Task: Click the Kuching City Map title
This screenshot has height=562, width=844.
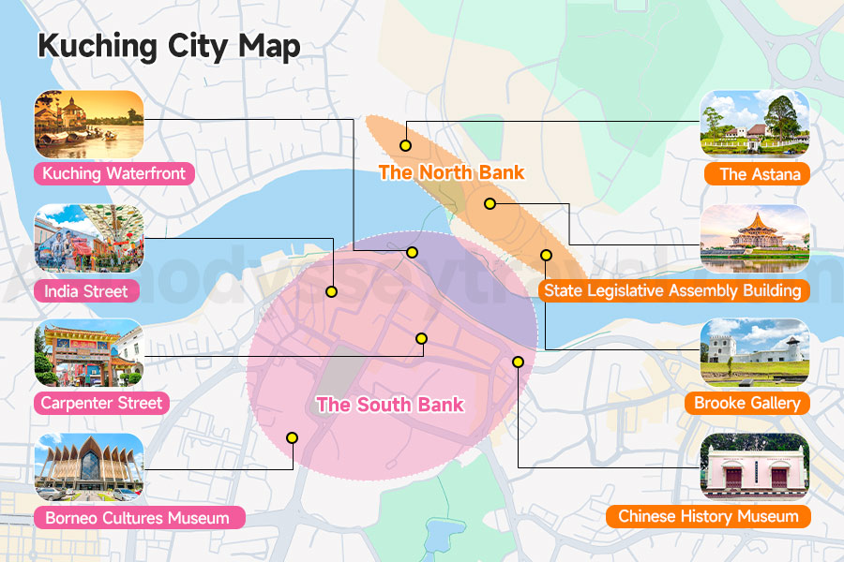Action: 169,47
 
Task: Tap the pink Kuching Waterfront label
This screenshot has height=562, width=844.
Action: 113,173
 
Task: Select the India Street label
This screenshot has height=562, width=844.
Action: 86,290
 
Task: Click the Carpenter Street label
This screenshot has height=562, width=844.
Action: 101,404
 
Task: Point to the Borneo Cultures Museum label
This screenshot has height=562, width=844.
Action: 136,517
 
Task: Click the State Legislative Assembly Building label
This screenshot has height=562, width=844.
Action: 672,290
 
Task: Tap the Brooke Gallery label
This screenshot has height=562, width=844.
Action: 747,404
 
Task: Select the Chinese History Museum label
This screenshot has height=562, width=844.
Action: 708,516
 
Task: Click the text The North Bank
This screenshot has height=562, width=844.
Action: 451,172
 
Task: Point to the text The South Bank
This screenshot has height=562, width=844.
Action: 390,405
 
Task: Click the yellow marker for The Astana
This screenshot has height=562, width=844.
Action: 405,145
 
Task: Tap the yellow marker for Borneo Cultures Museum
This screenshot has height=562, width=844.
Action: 292,437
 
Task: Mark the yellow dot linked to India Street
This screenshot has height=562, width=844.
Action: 331,291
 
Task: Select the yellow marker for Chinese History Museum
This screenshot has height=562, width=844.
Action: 518,362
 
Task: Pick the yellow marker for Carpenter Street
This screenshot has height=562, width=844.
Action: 421,338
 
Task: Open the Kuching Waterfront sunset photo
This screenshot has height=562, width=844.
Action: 89,124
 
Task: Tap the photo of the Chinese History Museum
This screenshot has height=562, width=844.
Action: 755,467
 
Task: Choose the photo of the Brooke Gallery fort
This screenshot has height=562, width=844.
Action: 755,353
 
